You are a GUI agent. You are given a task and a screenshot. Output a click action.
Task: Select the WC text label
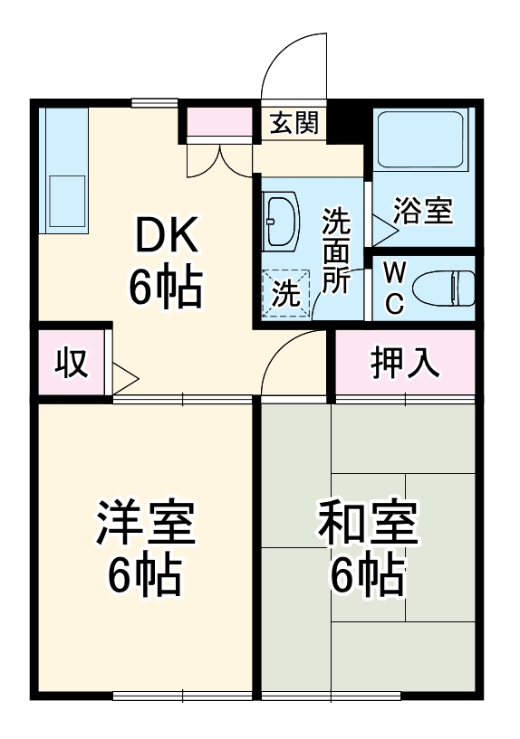click(x=394, y=289)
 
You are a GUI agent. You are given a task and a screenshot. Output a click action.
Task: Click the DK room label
click(x=165, y=238)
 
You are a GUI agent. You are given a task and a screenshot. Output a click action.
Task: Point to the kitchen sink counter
click(x=64, y=172)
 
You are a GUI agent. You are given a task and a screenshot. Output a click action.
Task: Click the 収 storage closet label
click(x=72, y=363)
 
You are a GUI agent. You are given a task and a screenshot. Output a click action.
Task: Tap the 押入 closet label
click(x=404, y=363)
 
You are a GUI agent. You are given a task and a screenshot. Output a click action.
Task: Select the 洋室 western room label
click(x=145, y=524)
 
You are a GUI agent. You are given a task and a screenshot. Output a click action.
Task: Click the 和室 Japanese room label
click(x=367, y=524)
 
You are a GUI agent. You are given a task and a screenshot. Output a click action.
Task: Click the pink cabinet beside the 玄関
click(x=219, y=122)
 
